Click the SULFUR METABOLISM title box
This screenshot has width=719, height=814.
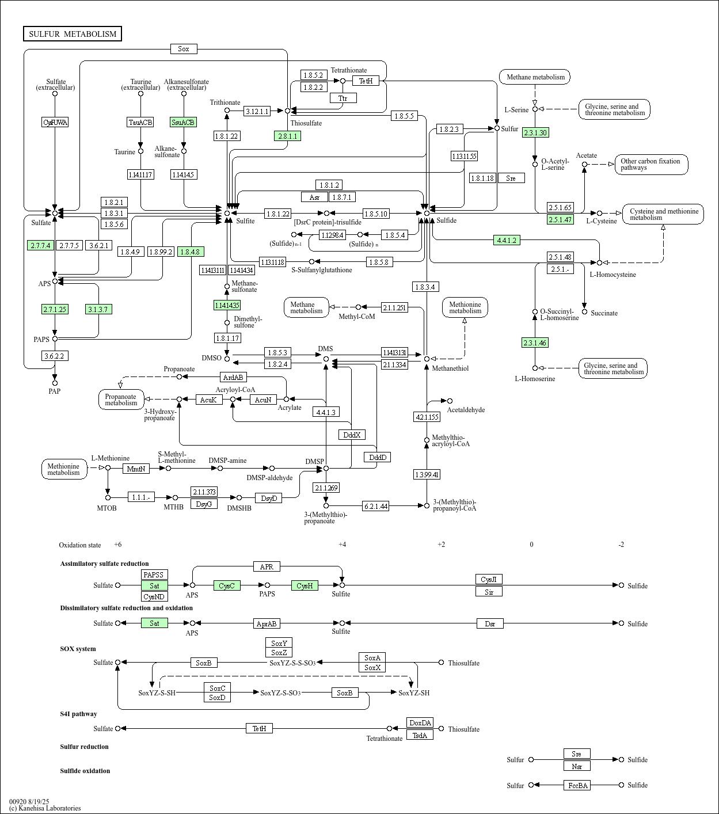point(73,34)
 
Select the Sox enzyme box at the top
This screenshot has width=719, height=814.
point(184,49)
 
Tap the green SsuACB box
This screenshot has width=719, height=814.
point(184,122)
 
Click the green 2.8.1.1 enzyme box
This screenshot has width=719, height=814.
point(287,136)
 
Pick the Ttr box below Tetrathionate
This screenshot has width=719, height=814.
point(343,98)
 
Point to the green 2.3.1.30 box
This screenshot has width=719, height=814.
point(535,132)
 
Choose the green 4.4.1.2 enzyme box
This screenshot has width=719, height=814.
point(507,240)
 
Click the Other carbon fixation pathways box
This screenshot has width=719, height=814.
point(651,165)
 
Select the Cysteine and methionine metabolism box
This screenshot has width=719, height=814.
point(663,214)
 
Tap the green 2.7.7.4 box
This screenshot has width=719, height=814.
point(41,245)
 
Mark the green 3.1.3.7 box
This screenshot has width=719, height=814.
point(98,309)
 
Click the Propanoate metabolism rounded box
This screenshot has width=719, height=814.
point(121,400)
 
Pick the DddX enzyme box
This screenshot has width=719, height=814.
point(352,435)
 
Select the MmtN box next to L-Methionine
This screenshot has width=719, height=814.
point(136,469)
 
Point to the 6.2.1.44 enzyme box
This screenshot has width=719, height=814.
point(375,506)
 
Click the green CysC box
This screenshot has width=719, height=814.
point(227,585)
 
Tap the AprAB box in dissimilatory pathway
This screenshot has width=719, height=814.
point(267,623)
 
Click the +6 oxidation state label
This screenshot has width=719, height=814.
point(117,545)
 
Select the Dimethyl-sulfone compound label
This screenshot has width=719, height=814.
point(248,322)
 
